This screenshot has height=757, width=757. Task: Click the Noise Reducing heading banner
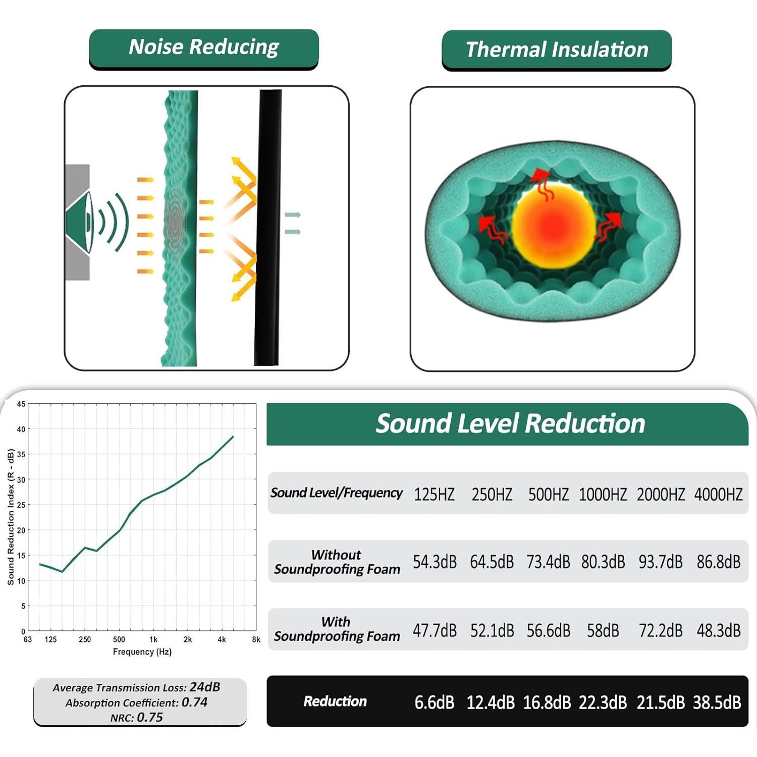click(203, 48)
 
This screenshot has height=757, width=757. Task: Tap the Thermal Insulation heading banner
click(556, 50)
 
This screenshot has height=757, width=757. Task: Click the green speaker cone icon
click(81, 222)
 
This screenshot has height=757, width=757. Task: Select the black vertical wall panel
click(268, 227)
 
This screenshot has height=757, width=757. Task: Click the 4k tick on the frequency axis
click(222, 639)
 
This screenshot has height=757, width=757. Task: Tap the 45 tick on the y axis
click(21, 404)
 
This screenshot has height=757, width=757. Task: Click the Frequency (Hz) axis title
click(142, 652)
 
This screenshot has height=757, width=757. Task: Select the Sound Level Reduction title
click(510, 423)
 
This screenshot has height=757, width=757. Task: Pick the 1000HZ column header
click(603, 494)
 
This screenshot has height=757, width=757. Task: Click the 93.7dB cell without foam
click(661, 562)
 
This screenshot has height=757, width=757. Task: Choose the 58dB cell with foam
click(603, 630)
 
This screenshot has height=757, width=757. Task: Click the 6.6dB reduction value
click(435, 702)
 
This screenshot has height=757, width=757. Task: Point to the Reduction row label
click(335, 701)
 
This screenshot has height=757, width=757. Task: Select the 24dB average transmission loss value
click(205, 687)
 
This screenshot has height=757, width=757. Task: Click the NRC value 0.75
click(150, 717)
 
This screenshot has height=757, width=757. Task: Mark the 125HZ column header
click(434, 494)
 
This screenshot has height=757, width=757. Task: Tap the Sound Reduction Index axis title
click(11, 517)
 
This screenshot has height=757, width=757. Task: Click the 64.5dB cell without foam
click(492, 562)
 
